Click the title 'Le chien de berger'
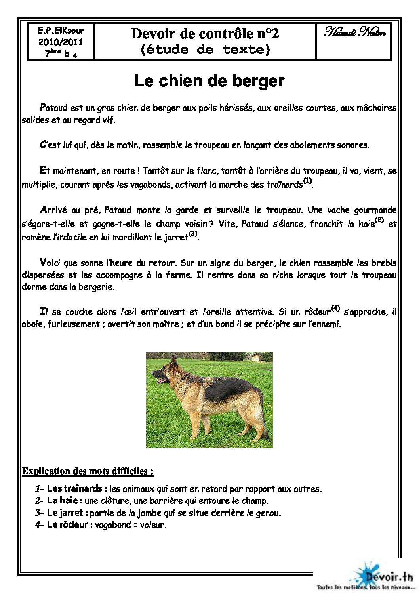click(x=209, y=81)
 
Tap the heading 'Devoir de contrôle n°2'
click(x=205, y=34)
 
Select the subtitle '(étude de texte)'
click(x=205, y=50)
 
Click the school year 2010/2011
click(x=61, y=42)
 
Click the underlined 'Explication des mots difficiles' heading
click(x=87, y=471)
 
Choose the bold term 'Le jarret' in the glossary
click(x=65, y=513)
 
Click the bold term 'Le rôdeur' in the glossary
click(x=67, y=525)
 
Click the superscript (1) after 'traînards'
click(x=307, y=181)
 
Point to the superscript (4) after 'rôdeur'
click(x=335, y=308)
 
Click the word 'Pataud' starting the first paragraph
click(x=54, y=108)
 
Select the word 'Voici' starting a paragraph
click(x=50, y=263)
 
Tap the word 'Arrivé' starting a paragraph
click(x=53, y=210)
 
